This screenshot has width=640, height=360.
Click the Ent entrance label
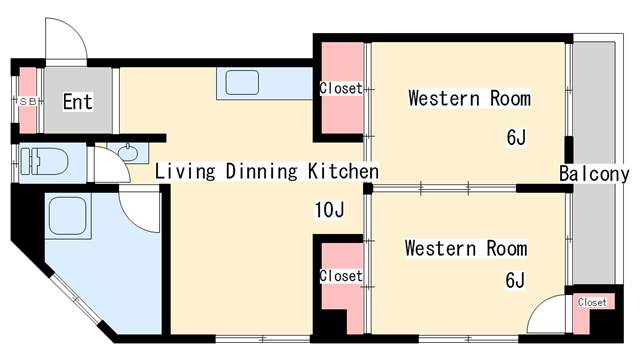coord(78,101)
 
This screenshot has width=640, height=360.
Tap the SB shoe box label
coord(28,102)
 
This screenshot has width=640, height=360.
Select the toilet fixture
coord(44,162)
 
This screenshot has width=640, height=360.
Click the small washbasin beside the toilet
coord(127,153)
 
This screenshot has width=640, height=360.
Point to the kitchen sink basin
coord(242,82)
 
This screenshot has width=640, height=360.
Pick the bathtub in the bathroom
coord(68,216)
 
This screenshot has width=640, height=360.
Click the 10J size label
coord(329,210)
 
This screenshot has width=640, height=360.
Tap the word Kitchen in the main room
coord(343,171)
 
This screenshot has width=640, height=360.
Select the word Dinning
coord(262,171)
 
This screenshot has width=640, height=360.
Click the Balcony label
coord(594,174)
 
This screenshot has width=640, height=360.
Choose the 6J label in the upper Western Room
coord(516,138)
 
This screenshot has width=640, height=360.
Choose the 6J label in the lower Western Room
coord(515,280)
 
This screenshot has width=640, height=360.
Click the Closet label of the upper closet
coord(341,88)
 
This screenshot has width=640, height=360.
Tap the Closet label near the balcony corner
coord(592,302)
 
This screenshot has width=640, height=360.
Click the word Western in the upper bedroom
coord(444,98)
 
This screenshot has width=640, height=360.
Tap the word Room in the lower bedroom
coord(507,249)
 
